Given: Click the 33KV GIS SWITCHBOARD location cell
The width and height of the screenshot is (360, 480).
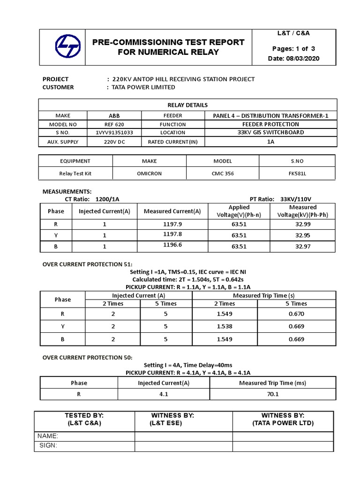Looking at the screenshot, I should (x=270, y=133).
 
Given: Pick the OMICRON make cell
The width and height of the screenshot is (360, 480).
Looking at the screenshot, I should (x=150, y=173).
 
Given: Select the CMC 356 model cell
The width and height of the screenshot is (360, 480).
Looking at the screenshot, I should (x=223, y=173).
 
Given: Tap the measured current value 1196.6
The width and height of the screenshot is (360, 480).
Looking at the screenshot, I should (x=172, y=245).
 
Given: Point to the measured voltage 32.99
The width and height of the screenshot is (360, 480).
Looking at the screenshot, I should (x=303, y=224).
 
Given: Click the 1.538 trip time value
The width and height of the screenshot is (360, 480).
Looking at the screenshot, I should (x=225, y=326).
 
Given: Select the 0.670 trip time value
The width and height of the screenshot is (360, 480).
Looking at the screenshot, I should (x=296, y=314).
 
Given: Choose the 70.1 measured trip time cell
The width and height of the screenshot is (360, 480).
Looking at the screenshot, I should (x=272, y=394).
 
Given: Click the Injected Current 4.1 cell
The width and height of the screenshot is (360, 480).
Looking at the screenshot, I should (x=164, y=394).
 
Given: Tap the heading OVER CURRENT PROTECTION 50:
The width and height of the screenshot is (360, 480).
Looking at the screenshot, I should (x=88, y=358).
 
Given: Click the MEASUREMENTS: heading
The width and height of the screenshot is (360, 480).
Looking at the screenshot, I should (x=67, y=192).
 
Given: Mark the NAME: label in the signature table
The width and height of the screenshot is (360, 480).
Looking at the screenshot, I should (x=48, y=436).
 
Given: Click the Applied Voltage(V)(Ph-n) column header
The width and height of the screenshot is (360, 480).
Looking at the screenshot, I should (x=239, y=211).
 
